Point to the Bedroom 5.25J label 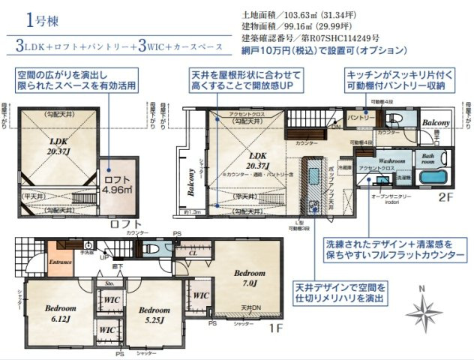[x=154, y=313]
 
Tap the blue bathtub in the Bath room [x=433, y=181]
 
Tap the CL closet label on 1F [x=193, y=253]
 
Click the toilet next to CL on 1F [x=152, y=248]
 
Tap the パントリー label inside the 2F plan [x=360, y=118]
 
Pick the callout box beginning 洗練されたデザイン [x=393, y=250]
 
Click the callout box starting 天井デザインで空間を [x=343, y=294]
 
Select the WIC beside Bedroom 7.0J [x=201, y=296]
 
